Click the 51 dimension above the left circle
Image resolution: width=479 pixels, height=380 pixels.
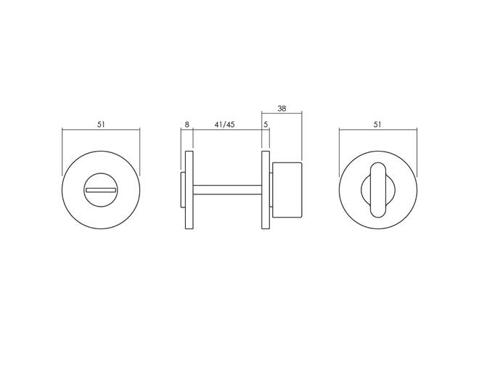click(101, 125)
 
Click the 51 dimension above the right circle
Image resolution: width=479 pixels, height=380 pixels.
click(377, 125)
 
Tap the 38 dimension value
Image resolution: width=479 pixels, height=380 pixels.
click(282, 108)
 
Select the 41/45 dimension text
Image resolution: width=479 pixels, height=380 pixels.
click(224, 125)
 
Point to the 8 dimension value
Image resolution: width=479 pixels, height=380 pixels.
click(187, 125)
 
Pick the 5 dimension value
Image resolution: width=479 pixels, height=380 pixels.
click(266, 125)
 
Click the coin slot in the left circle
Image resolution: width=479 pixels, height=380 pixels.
click(101, 190)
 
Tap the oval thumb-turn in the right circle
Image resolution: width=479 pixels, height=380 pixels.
click(378, 190)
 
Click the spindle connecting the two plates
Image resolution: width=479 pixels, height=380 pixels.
click(227, 190)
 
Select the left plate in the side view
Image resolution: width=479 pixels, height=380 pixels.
click(189, 190)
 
